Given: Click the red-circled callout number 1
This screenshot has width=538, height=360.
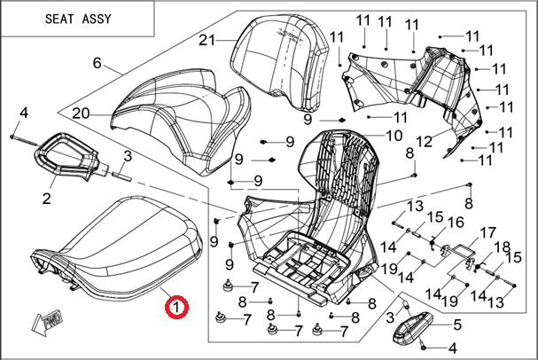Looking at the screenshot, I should click(175, 308).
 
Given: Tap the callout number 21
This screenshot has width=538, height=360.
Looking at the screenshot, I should click(207, 40).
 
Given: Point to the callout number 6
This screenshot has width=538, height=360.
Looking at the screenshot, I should click(97, 64).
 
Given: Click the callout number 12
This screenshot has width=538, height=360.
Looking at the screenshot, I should click(424, 141).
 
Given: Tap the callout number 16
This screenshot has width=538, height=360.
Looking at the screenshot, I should click(456, 222).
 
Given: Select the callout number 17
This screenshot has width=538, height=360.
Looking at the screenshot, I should click(487, 234).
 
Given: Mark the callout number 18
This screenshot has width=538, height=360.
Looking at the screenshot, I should click(502, 247).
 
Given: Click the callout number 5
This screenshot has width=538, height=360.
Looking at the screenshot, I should click(457, 325).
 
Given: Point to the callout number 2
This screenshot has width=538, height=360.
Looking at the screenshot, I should click(47, 196).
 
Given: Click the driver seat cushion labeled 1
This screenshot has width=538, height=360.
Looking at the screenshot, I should click(124, 244).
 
